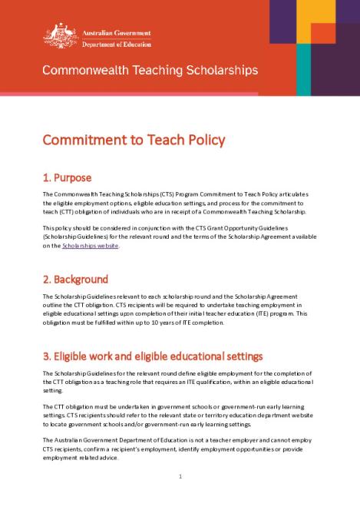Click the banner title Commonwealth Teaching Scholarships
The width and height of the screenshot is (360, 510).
point(150,71)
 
